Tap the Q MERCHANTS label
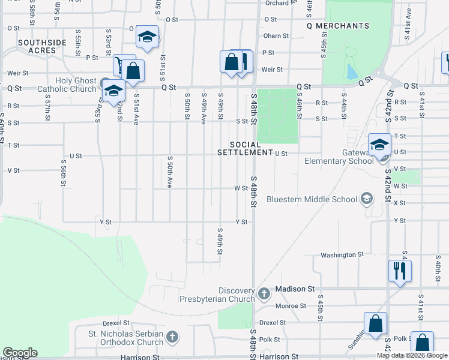coord(337,26)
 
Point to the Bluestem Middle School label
coord(312,199)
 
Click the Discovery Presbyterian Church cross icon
coord(265,293)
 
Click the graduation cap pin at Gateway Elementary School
coord(379,144)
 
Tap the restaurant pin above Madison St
coord(399,270)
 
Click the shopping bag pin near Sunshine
coord(375,323)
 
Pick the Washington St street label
coord(342,254)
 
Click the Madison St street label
coord(295,289)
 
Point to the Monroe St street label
coord(292,305)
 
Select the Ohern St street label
coord(276,36)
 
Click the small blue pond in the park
coord(351,72)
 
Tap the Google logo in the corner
coord(20,353)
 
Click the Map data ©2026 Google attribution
coord(412,355)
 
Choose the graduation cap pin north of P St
coord(146,37)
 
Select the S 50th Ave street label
coord(170,170)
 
